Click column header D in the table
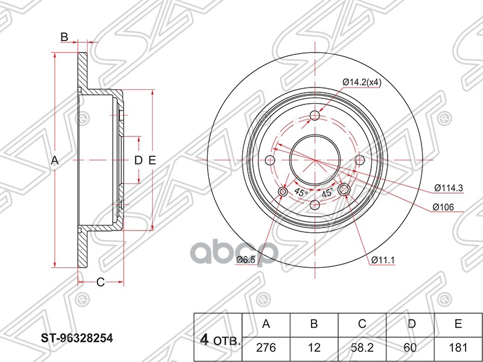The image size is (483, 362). click(x=411, y=324)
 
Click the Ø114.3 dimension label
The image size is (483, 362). click(x=448, y=188)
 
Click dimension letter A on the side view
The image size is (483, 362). click(x=54, y=160)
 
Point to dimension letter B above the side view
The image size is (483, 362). click(x=64, y=37)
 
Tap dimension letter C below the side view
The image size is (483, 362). click(x=101, y=282)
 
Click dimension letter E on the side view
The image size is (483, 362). click(x=152, y=160)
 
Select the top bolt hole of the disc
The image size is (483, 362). click(x=315, y=116)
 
